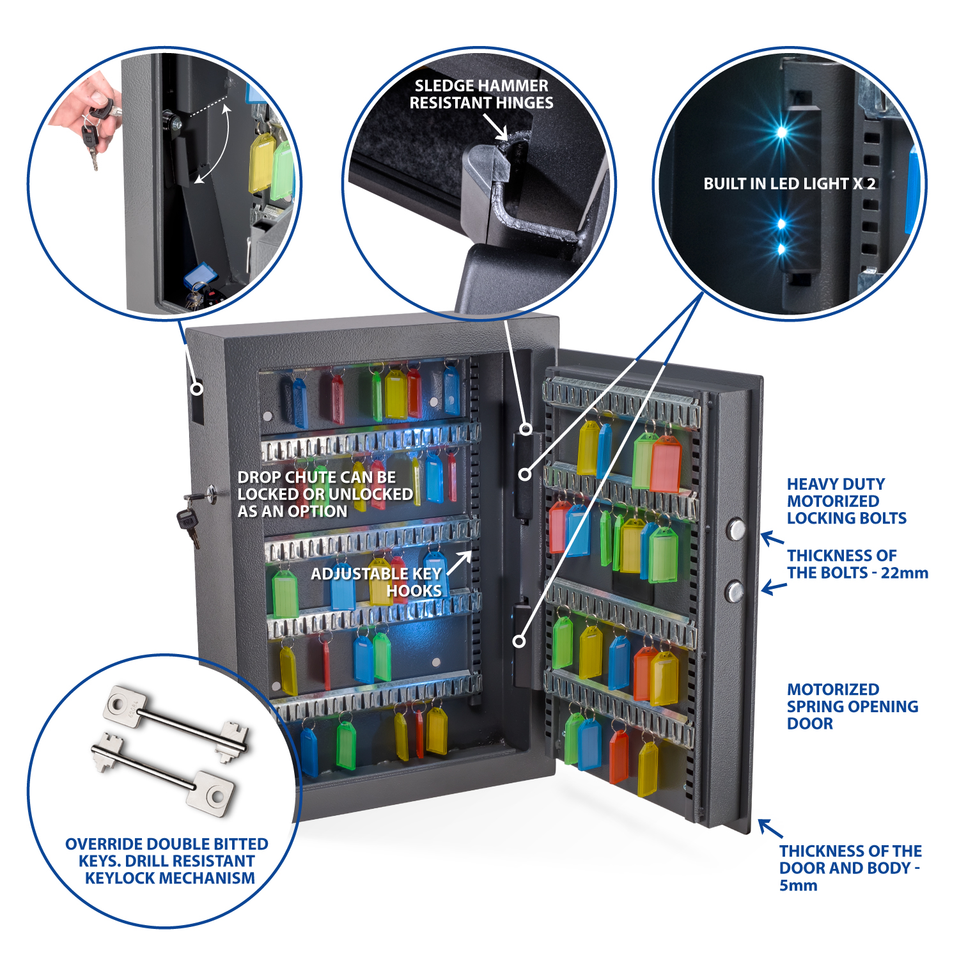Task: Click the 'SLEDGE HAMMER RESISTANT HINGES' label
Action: click(x=481, y=94)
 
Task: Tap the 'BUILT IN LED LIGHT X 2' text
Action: click(x=789, y=183)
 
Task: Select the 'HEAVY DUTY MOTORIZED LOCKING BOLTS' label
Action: click(x=846, y=501)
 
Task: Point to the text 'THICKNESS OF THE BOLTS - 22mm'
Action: click(x=857, y=564)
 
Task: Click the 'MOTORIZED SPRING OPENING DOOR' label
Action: click(x=852, y=706)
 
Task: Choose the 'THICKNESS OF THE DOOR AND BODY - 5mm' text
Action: click(x=850, y=868)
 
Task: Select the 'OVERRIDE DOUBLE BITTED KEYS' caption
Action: click(x=167, y=861)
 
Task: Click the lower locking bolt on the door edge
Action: click(x=735, y=590)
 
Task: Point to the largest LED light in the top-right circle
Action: click(x=781, y=132)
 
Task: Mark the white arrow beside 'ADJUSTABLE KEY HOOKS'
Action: click(x=459, y=563)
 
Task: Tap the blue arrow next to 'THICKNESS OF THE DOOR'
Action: click(x=770, y=829)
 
